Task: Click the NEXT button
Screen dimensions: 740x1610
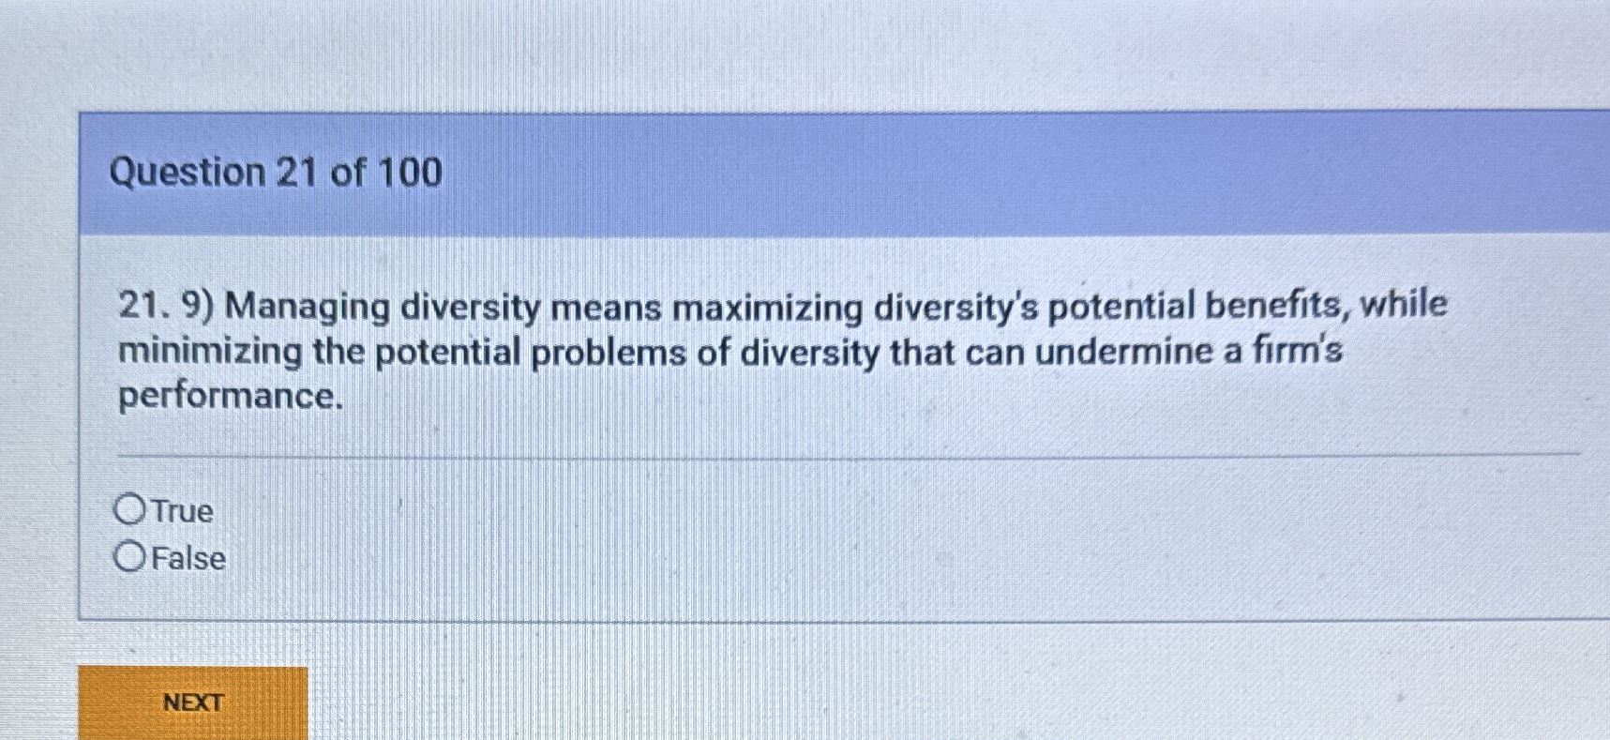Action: (x=192, y=702)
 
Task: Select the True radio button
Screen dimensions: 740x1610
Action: (x=129, y=509)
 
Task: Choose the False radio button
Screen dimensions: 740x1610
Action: (x=129, y=557)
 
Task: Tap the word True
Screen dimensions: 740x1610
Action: (x=182, y=511)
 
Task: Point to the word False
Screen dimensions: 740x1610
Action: (x=188, y=559)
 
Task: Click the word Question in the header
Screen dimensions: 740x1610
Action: (x=188, y=173)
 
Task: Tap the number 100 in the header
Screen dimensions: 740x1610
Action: (x=409, y=173)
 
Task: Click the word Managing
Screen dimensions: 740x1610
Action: (x=307, y=308)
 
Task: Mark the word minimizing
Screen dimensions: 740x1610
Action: (x=209, y=352)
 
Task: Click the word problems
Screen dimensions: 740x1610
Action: (x=595, y=354)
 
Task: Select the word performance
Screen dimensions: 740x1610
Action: (x=230, y=397)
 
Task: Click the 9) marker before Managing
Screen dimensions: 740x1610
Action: (x=199, y=307)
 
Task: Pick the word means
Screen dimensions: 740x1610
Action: (x=606, y=308)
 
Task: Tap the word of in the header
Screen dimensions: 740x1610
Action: (x=348, y=173)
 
